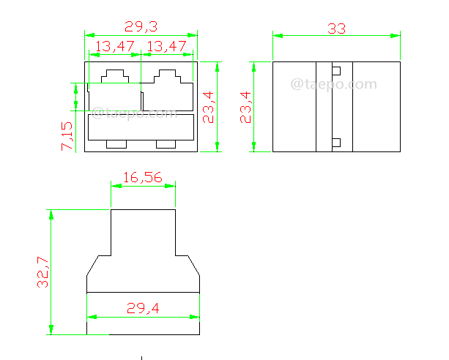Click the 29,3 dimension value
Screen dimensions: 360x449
(141, 27)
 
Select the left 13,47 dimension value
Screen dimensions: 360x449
(114, 46)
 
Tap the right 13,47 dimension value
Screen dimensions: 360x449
(167, 46)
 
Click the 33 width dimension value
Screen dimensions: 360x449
(336, 29)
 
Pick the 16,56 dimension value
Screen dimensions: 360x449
(143, 177)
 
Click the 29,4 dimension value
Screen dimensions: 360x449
(143, 309)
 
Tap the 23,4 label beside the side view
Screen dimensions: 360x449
(245, 107)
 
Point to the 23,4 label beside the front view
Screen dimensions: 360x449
(209, 107)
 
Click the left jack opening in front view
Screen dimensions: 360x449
(114, 91)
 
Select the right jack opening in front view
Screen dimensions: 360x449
(168, 91)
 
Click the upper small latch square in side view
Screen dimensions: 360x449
(336, 71)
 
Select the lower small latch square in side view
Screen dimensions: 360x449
(336, 143)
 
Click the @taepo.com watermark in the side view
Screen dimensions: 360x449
(333, 85)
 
